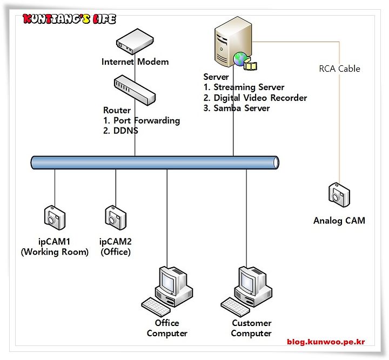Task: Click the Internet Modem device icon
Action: pyautogui.click(x=135, y=42)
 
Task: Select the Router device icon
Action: pyautogui.click(x=135, y=90)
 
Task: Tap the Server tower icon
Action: pyautogui.click(x=233, y=42)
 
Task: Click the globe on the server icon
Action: pyautogui.click(x=240, y=59)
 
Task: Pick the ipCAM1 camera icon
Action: pyautogui.click(x=55, y=218)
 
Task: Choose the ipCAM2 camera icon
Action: pyautogui.click(x=116, y=218)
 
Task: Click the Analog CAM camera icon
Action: pyautogui.click(x=339, y=195)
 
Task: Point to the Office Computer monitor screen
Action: pyautogui.click(x=167, y=280)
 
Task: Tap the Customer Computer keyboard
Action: pyautogui.click(x=236, y=307)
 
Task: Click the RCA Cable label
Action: pyautogui.click(x=339, y=69)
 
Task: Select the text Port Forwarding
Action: pyautogui.click(x=146, y=120)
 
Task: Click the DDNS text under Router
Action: pyautogui.click(x=125, y=131)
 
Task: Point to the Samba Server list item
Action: pyautogui.click(x=242, y=108)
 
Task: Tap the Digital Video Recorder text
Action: pyautogui.click(x=260, y=98)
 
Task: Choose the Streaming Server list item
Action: pyautogui.click(x=249, y=87)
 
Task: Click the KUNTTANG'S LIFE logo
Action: pyautogui.click(x=69, y=19)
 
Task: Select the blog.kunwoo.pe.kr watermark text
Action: pyautogui.click(x=326, y=342)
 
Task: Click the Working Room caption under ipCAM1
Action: pyautogui.click(x=55, y=252)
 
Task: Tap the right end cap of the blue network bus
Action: pyautogui.click(x=276, y=163)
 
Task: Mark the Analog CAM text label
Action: pyautogui.click(x=339, y=221)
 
